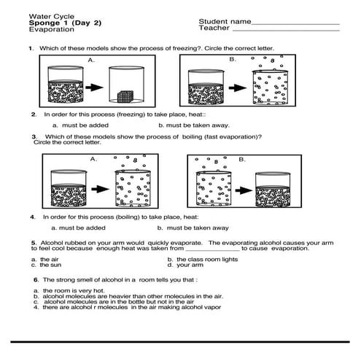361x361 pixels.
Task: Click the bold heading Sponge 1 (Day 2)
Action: click(65, 23)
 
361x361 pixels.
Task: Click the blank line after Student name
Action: click(295, 24)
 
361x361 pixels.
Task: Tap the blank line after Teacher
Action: click(286, 31)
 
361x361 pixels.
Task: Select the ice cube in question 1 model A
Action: click(125, 96)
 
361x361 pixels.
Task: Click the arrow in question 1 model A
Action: click(94, 88)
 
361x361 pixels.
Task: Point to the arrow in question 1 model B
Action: click(238, 88)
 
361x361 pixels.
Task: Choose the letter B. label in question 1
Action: click(233, 59)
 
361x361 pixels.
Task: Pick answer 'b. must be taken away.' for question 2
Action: click(194, 125)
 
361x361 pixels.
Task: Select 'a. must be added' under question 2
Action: click(80, 125)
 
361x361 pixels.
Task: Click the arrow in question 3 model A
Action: click(101, 189)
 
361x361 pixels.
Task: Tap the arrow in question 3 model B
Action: click(244, 190)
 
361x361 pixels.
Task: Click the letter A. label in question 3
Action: click(93, 159)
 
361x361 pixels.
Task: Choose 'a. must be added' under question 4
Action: click(78, 228)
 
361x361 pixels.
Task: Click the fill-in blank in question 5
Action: click(212, 250)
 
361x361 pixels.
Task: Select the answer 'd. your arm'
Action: click(185, 265)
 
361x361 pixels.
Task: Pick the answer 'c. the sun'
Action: click(46, 265)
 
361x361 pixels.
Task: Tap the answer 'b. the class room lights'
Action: click(203, 260)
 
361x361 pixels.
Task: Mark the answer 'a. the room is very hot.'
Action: click(69, 291)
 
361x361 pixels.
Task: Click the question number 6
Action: click(36, 280)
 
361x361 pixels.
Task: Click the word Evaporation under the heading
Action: click(52, 29)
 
